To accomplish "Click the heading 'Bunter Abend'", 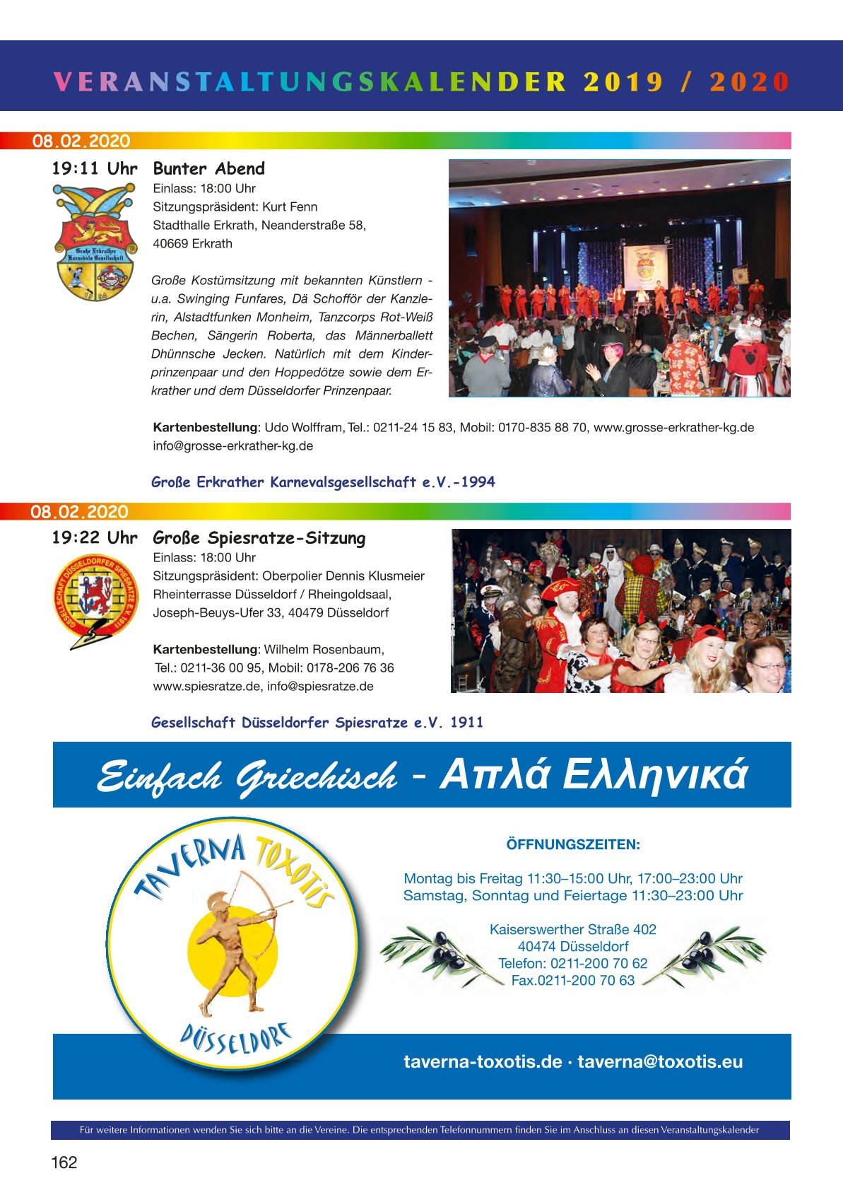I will click(x=208, y=169).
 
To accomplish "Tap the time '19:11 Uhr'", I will click(x=95, y=169).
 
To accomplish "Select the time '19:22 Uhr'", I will click(x=95, y=538).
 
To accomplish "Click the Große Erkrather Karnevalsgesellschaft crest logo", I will click(x=95, y=241).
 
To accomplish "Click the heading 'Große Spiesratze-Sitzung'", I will click(x=259, y=538).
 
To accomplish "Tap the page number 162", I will click(x=64, y=1162).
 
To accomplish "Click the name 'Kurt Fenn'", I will click(x=290, y=207).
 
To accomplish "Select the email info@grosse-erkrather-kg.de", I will click(x=232, y=446).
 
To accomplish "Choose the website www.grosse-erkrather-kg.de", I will click(x=673, y=428).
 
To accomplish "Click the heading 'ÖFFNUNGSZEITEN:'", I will click(x=573, y=844).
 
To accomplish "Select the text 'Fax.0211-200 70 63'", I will click(x=573, y=981).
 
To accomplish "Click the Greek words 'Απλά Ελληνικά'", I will click(x=593, y=775).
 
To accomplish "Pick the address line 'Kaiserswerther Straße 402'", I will click(x=573, y=930).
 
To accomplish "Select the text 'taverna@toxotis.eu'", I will click(x=660, y=1062).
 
